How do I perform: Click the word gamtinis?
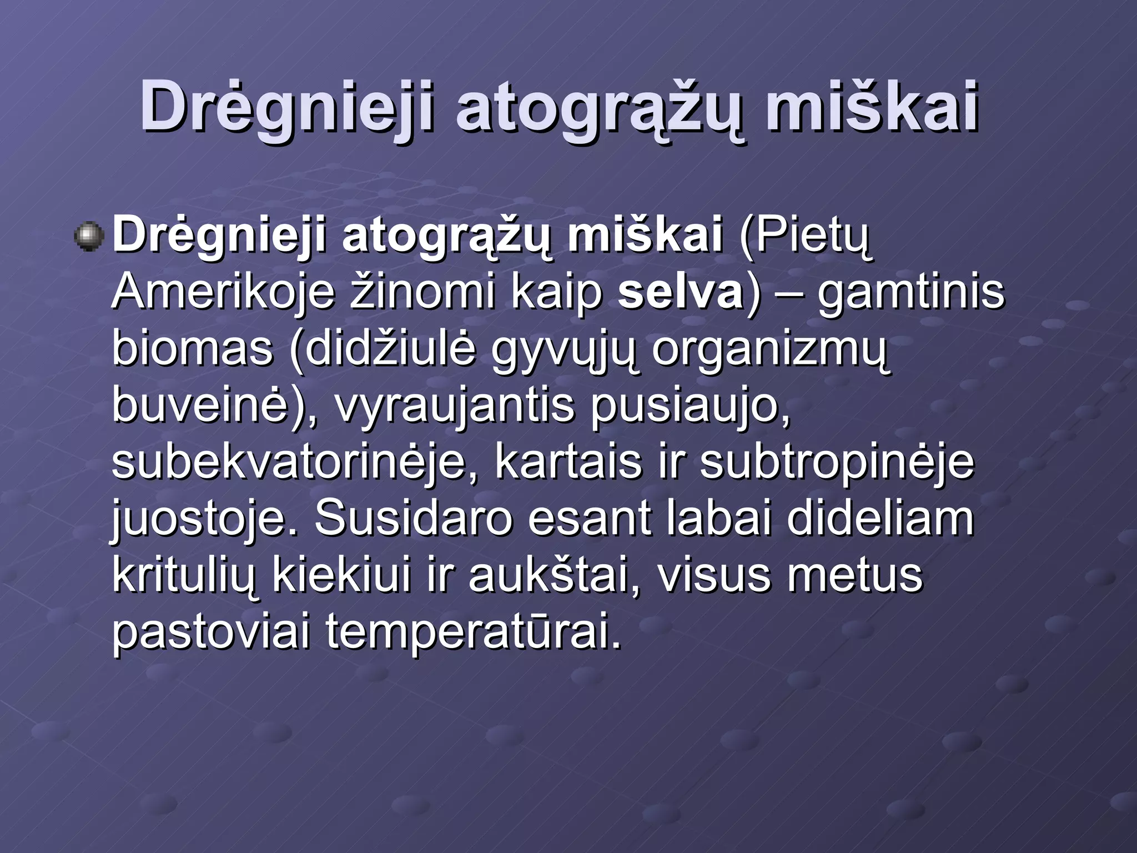910,292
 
